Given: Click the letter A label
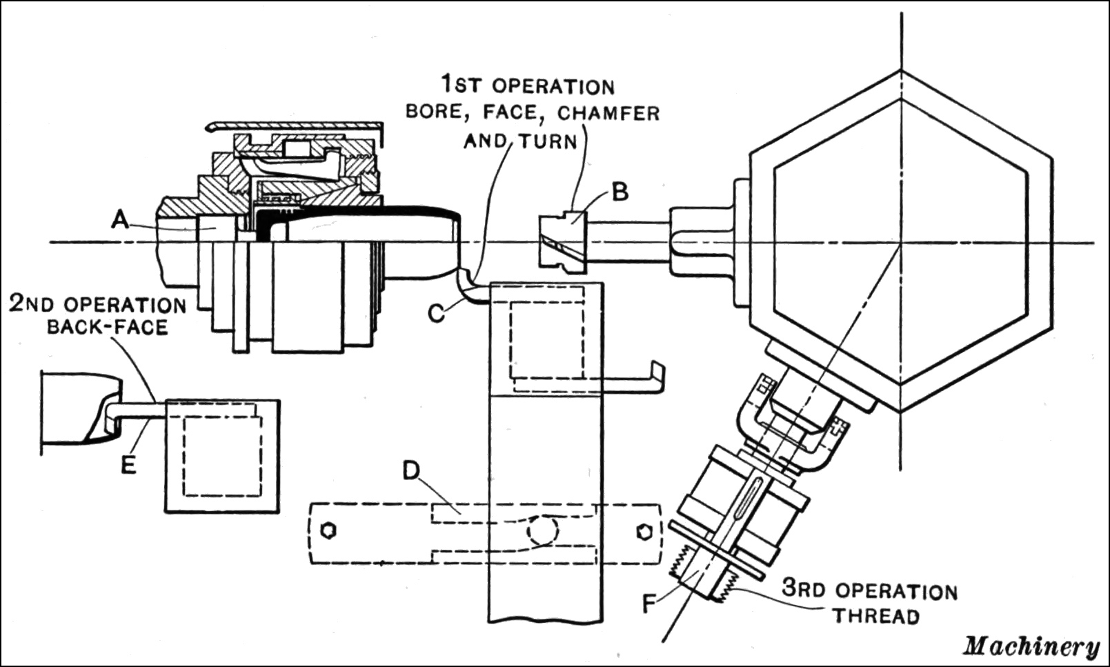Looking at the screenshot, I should tap(120, 219).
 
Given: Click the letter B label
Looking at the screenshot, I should tap(620, 192).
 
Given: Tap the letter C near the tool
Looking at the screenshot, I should tap(436, 312).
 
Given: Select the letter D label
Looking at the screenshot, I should tap(411, 471).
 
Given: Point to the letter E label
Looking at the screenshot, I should tap(128, 466).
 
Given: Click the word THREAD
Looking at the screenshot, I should tap(876, 615).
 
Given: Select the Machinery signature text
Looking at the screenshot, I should tap(1031, 646).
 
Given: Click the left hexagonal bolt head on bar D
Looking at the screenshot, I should tap(329, 530).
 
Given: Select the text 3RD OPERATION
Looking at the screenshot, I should tap(869, 590).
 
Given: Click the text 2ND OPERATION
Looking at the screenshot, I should tap(97, 304).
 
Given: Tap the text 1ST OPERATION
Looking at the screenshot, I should tap(528, 86).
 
